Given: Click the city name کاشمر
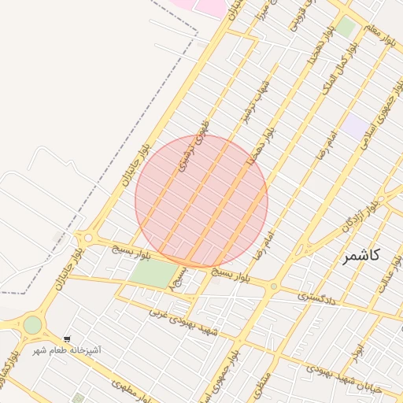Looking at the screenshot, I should pyautogui.click(x=362, y=255).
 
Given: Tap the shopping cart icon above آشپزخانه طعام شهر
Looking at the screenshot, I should pyautogui.click(x=67, y=338).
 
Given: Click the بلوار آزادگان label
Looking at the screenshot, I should pyautogui.click(x=358, y=218).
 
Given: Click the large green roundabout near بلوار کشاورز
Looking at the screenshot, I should pyautogui.click(x=32, y=324).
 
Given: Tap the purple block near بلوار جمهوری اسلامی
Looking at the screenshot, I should pyautogui.click(x=355, y=127).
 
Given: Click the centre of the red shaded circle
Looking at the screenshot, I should pyautogui.click(x=201, y=201).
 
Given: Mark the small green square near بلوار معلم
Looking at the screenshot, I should pyautogui.click(x=346, y=27).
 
